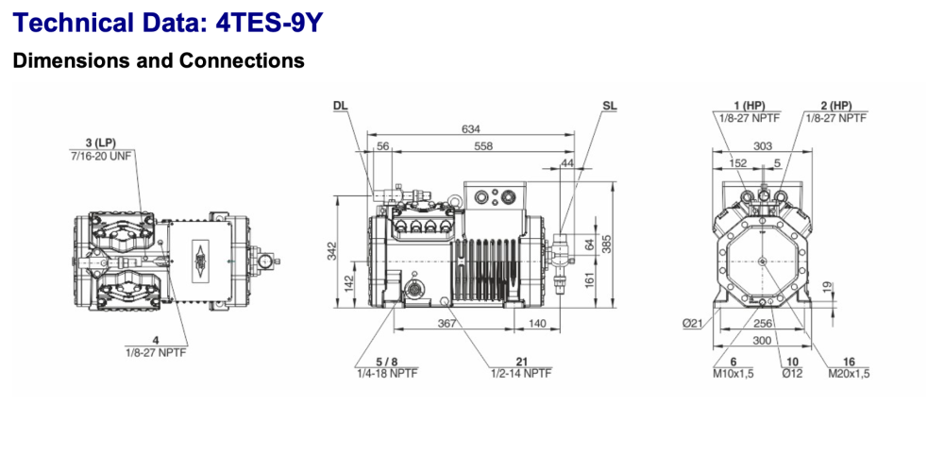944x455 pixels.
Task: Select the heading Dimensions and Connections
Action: (x=158, y=61)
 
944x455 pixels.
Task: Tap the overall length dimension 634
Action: (x=468, y=129)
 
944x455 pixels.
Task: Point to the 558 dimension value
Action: (x=482, y=147)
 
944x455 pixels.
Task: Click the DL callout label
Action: (x=340, y=105)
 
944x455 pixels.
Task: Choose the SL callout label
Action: (x=609, y=105)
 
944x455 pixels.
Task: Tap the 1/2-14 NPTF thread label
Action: (x=521, y=372)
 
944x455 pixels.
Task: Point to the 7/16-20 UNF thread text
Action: (x=104, y=154)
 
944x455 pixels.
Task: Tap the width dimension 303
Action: (x=763, y=146)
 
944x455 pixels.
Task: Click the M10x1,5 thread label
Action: (x=732, y=373)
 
